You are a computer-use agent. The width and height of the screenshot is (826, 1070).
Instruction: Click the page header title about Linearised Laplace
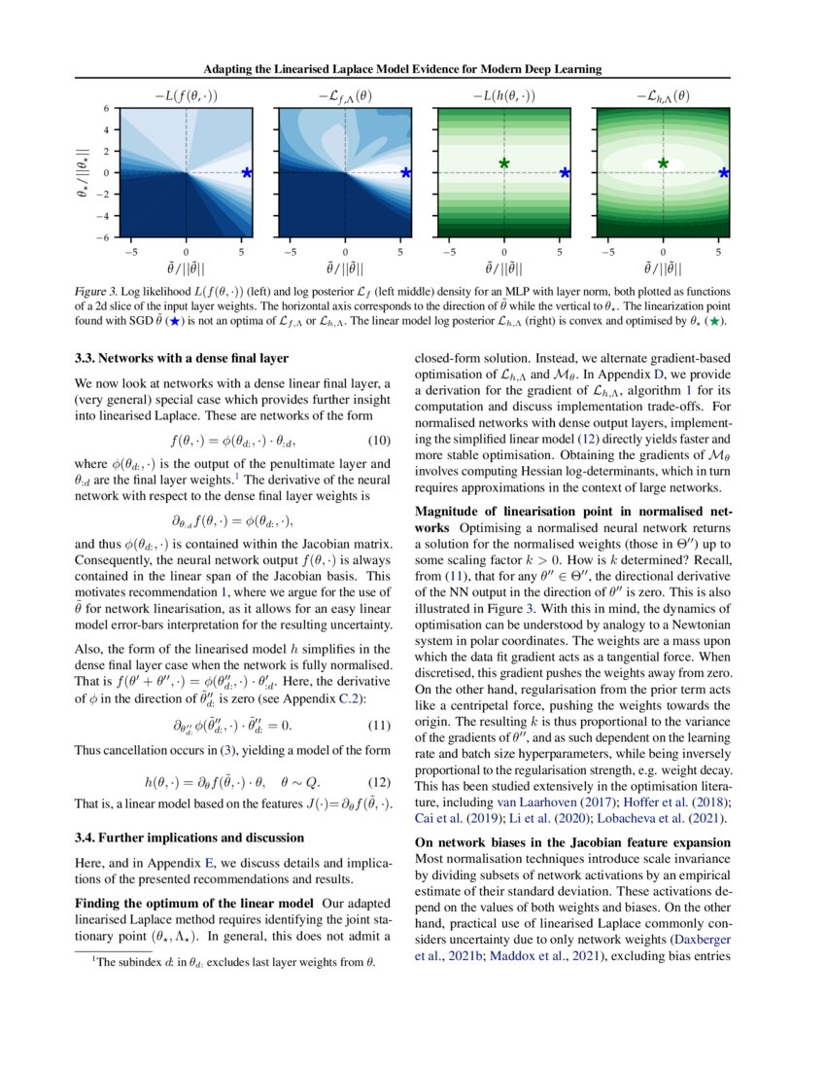pyautogui.click(x=413, y=69)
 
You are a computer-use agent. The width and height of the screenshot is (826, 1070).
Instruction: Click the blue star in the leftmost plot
pyautogui.click(x=247, y=172)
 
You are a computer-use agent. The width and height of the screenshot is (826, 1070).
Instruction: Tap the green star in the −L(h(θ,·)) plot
pyautogui.click(x=504, y=163)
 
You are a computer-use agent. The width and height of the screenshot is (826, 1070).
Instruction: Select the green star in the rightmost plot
pyautogui.click(x=664, y=163)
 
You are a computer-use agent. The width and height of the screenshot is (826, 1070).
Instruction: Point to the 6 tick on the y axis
pyautogui.click(x=109, y=109)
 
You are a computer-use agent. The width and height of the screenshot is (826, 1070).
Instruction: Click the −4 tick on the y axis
pyautogui.click(x=106, y=215)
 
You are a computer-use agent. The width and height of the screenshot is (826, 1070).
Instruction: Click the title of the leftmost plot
pyautogui.click(x=186, y=95)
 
